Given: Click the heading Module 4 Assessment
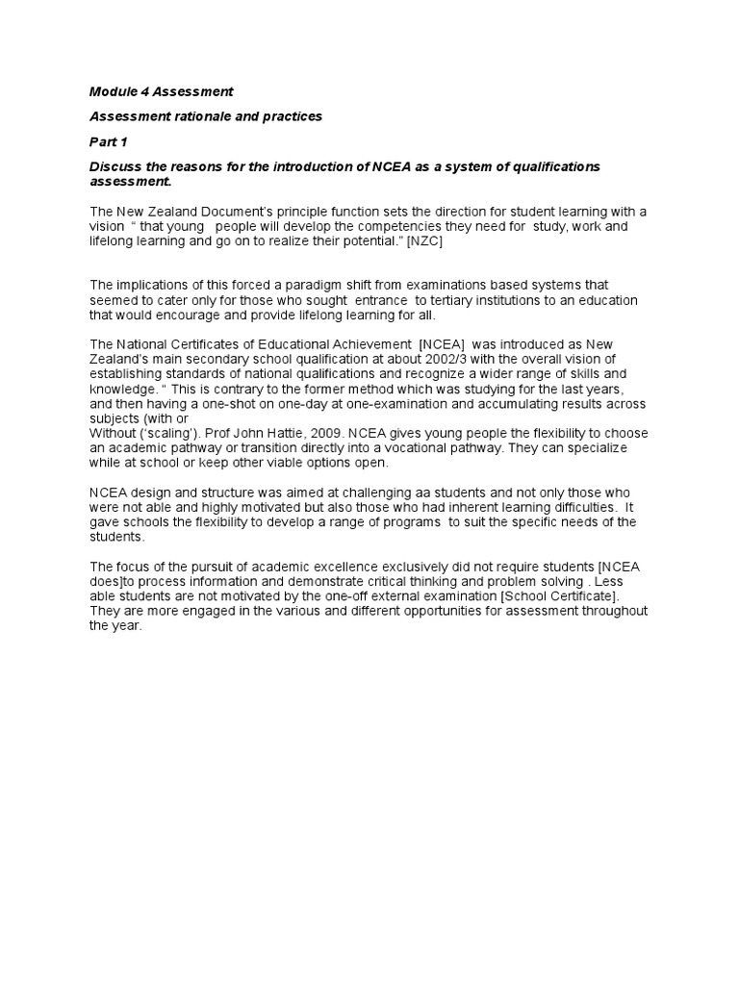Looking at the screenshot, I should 161,92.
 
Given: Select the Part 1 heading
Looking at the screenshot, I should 109,142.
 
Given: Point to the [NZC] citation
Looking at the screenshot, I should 424,241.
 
